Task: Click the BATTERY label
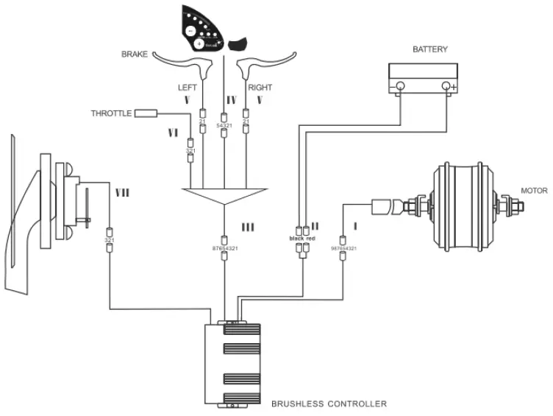429,50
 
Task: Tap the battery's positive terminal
446,86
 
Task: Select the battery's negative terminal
400,86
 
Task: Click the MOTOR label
534,191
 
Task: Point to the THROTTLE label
111,113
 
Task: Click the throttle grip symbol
146,113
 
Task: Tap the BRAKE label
135,54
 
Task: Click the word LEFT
188,88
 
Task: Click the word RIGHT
260,88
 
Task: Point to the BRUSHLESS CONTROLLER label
329,403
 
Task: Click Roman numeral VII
122,193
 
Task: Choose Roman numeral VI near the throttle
174,133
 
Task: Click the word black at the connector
296,239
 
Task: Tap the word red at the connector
310,239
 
